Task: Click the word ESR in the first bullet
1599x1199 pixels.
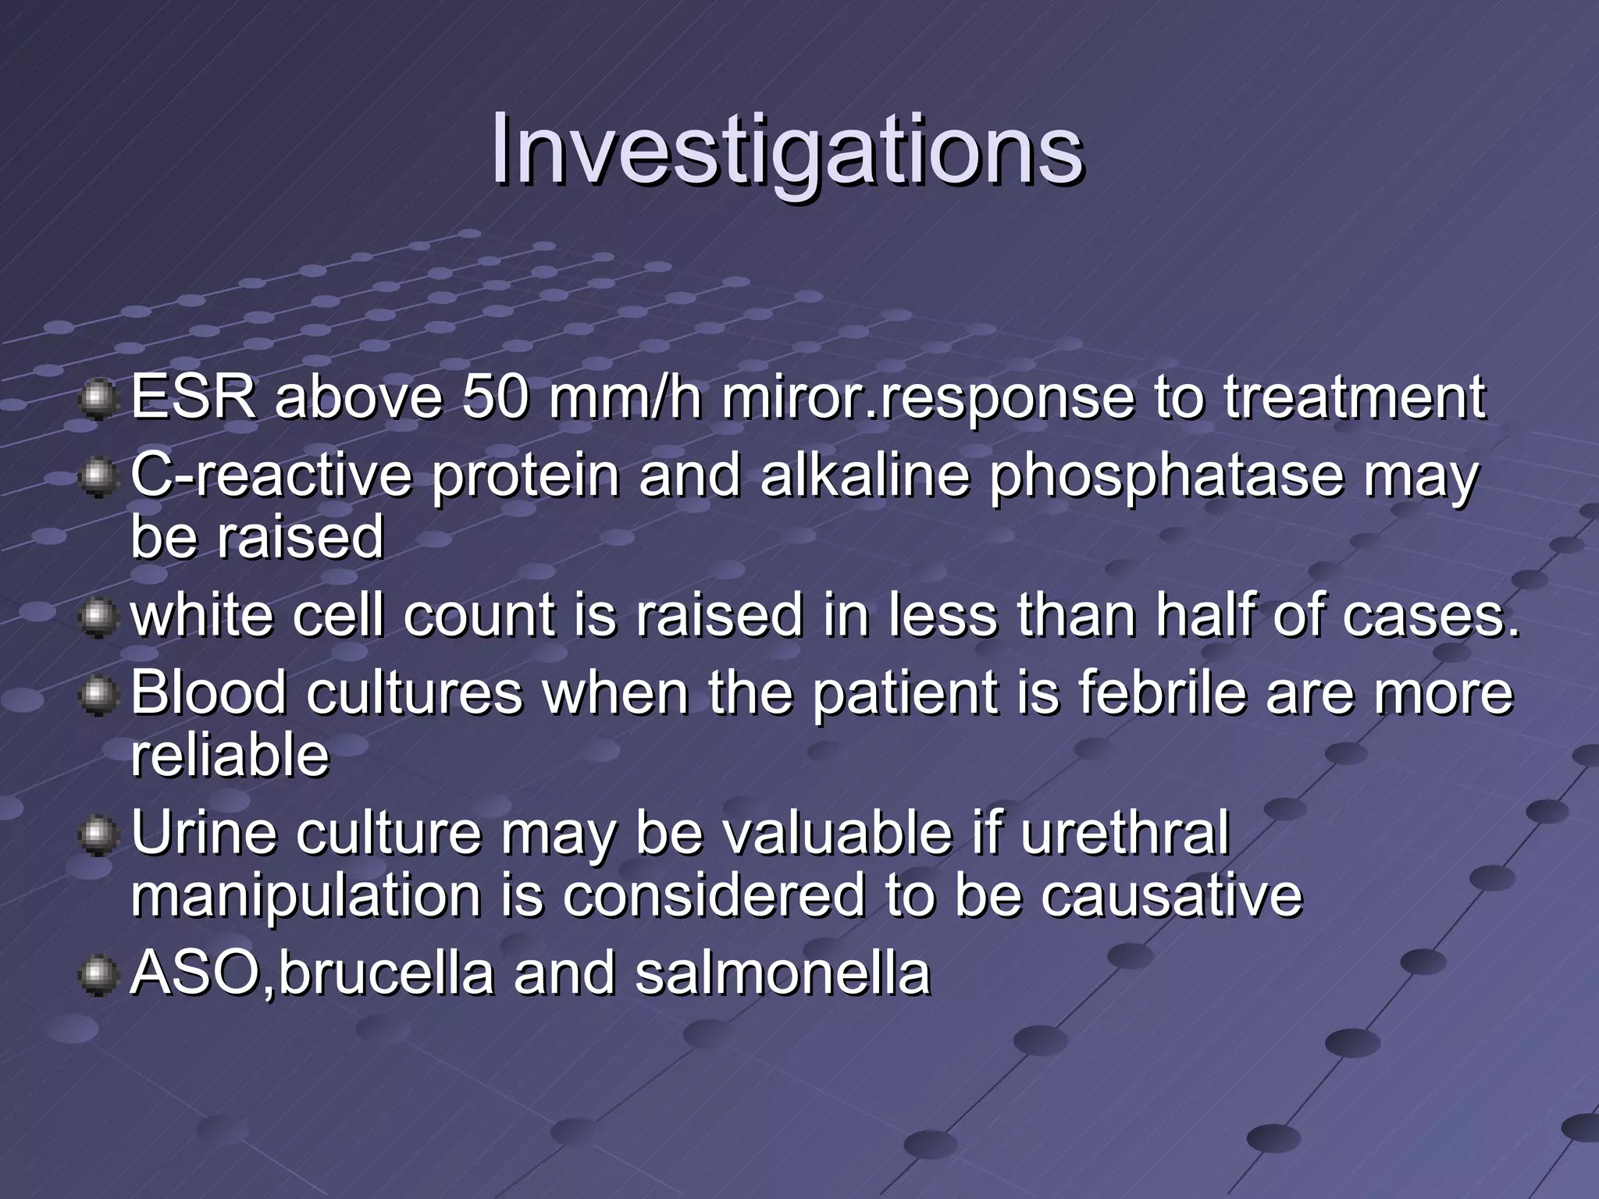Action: (x=193, y=398)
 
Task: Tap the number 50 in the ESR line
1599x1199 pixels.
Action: (x=493, y=398)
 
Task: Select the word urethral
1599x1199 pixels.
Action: (x=1124, y=834)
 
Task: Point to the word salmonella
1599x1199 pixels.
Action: (x=782, y=974)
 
